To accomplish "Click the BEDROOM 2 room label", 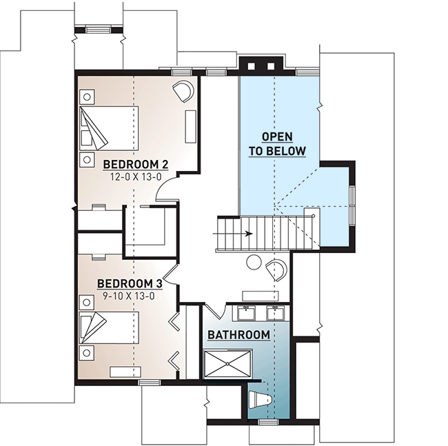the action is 135,165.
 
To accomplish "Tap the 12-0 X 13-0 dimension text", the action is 136,177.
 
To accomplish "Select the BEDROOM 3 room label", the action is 130,284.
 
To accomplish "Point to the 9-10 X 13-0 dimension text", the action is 129,296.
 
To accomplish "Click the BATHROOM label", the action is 238,335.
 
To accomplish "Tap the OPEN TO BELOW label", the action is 277,144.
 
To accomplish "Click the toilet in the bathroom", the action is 259,400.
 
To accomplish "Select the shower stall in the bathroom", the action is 227,364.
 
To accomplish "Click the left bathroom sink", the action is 246,313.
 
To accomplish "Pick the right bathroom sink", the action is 276,313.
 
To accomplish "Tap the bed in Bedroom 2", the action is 109,129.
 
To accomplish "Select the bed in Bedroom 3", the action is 109,327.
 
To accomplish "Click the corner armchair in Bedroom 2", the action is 183,91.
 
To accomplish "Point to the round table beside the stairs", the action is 254,262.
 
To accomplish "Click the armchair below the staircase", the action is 276,270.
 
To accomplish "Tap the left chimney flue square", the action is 251,66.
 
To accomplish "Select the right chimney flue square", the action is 271,66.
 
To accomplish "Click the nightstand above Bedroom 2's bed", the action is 87,97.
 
